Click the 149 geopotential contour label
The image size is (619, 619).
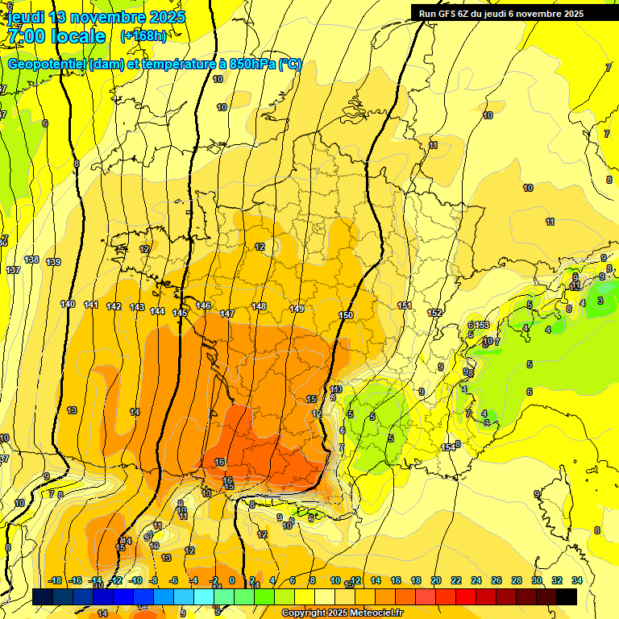[297, 309]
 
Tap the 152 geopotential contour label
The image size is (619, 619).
[435, 313]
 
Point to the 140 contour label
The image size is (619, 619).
[68, 304]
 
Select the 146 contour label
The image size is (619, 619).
[203, 305]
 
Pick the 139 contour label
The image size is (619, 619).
[53, 262]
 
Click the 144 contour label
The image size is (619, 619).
[157, 311]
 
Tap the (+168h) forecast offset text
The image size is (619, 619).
[143, 35]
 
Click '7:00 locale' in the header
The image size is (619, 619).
[56, 36]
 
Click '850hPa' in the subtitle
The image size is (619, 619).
[251, 64]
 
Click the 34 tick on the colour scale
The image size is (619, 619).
[576, 580]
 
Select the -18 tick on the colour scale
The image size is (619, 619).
[56, 580]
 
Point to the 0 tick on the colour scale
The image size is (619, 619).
[232, 580]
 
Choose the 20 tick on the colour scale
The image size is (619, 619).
[436, 580]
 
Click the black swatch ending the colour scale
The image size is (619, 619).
[567, 596]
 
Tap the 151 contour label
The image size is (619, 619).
[405, 305]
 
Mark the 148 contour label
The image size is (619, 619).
[258, 306]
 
